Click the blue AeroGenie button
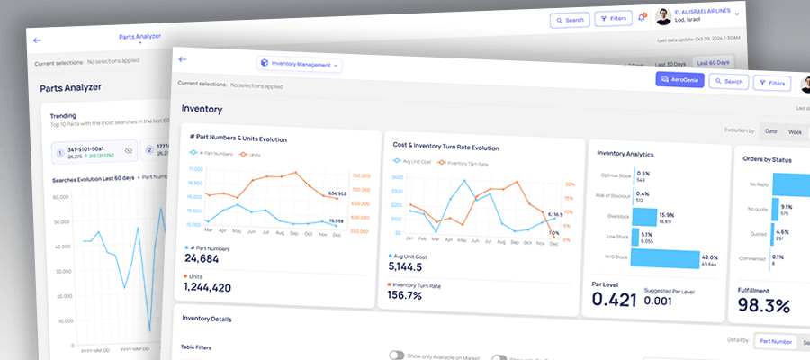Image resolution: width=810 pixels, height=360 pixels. [678, 80]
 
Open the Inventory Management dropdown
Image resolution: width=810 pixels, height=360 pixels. [300, 64]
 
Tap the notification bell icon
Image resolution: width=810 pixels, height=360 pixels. [641, 17]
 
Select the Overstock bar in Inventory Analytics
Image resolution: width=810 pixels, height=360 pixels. [644, 217]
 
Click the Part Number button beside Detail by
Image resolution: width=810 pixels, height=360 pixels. [775, 341]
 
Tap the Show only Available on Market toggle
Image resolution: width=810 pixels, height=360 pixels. [395, 355]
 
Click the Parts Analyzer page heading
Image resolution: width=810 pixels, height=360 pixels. [70, 87]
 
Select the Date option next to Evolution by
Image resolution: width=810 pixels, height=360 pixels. [770, 130]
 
